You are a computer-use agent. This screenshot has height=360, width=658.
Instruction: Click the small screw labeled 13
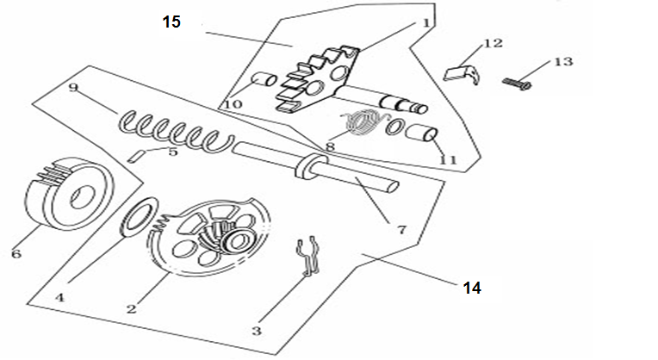[x=515, y=82]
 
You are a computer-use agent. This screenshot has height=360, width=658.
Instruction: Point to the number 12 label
[x=492, y=42]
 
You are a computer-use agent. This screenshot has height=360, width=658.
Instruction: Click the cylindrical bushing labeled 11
[x=422, y=135]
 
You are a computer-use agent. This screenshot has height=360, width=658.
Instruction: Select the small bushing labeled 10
[x=264, y=84]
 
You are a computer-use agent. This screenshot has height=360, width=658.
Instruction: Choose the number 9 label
[x=73, y=87]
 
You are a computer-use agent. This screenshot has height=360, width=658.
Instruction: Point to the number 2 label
[x=132, y=307]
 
